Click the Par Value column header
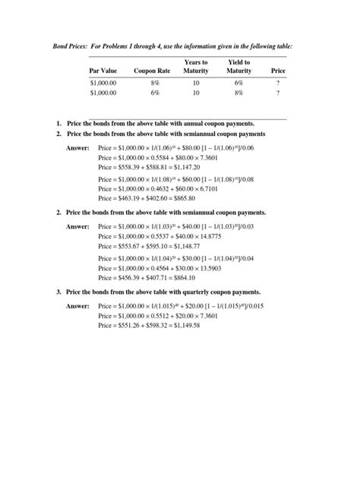click(103, 71)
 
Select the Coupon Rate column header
click(150, 71)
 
